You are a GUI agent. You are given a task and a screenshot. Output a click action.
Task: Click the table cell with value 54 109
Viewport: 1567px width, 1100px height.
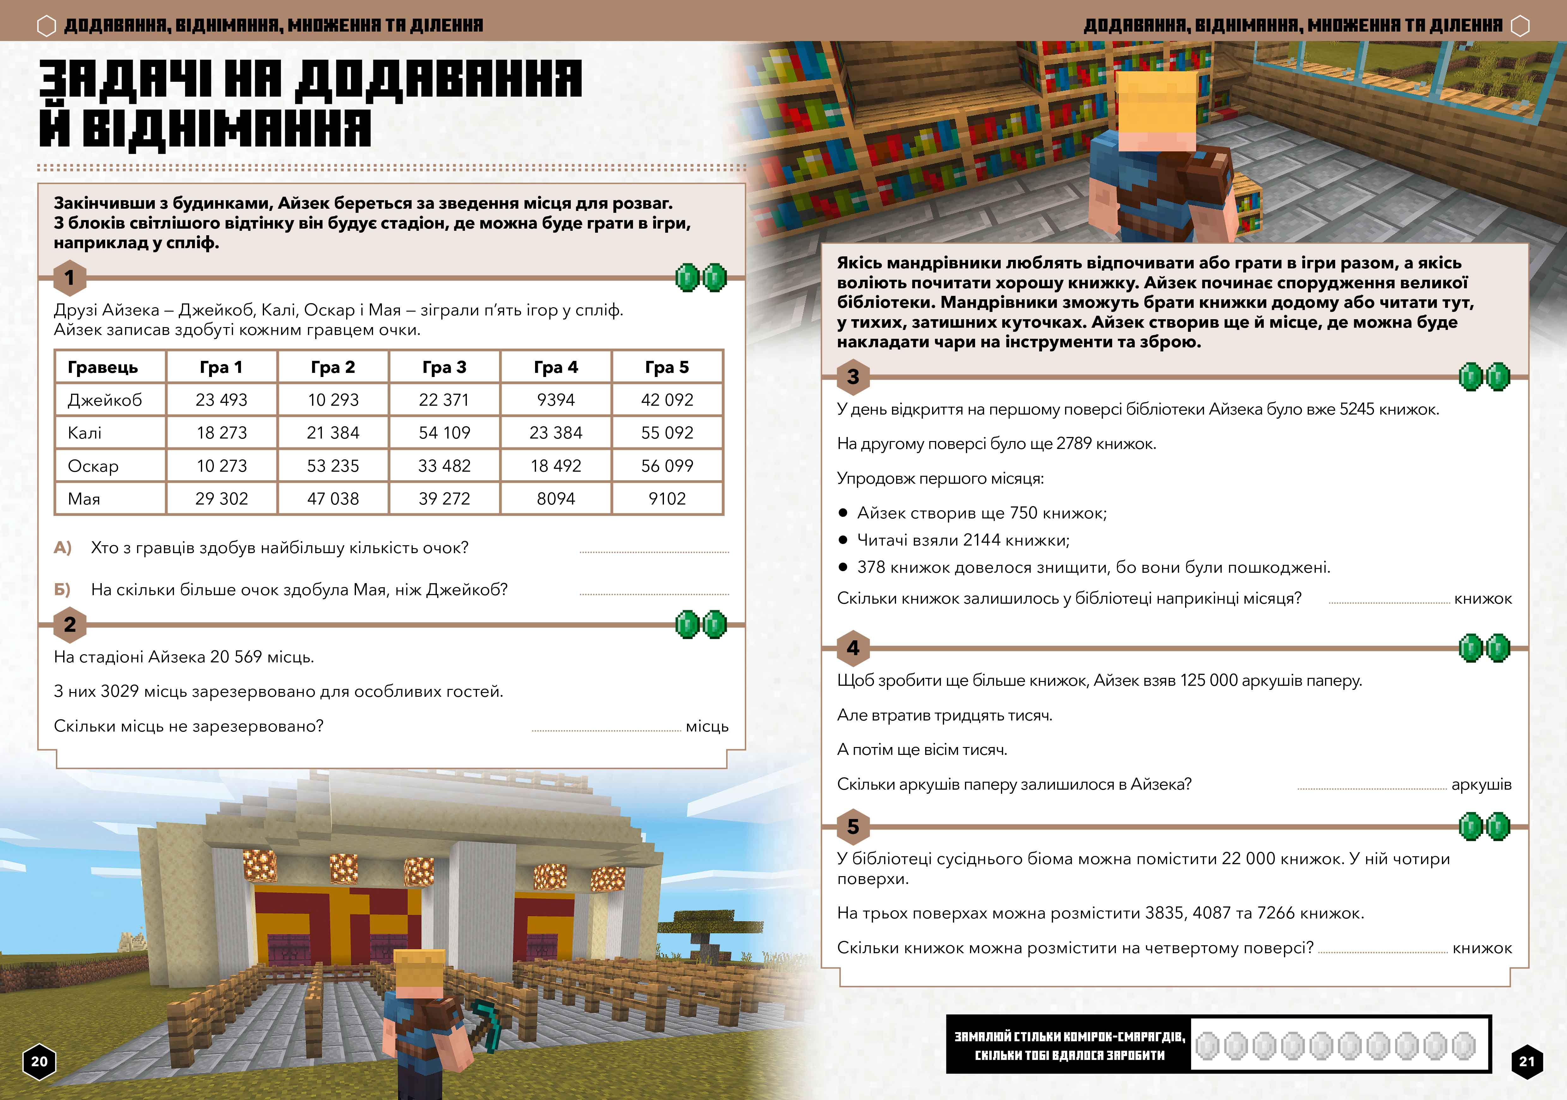point(444,433)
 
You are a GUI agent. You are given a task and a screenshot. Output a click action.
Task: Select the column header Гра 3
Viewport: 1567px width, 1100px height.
point(444,367)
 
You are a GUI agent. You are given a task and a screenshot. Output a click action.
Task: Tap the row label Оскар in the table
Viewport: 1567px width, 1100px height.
point(93,466)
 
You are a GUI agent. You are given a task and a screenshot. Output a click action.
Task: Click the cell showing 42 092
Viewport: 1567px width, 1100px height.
point(667,400)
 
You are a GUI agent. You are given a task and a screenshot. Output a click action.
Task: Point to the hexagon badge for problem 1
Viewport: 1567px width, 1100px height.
point(69,278)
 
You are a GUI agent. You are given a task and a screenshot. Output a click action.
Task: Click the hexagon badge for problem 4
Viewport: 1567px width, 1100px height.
point(853,648)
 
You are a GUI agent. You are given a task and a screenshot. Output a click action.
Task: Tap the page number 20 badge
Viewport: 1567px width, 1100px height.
point(39,1061)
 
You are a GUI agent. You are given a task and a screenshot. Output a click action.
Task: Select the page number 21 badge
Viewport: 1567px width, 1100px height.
point(1527,1061)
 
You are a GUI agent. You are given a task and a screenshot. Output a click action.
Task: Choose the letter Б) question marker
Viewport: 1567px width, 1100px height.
point(63,589)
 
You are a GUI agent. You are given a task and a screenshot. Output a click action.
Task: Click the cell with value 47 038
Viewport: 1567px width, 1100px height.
point(333,499)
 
